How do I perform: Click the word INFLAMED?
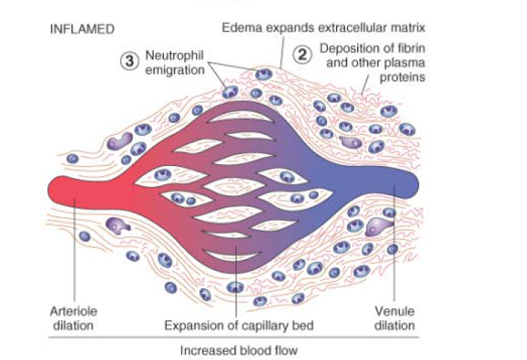tap(82, 30)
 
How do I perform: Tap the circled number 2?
tap(301, 54)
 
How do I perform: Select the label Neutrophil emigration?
tap(174, 62)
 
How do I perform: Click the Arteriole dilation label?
tap(73, 317)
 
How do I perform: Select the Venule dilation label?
tap(395, 317)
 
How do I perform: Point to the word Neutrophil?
tap(174, 55)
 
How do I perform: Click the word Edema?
tap(239, 28)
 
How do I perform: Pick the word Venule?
tap(395, 311)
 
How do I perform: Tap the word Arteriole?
tap(73, 311)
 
